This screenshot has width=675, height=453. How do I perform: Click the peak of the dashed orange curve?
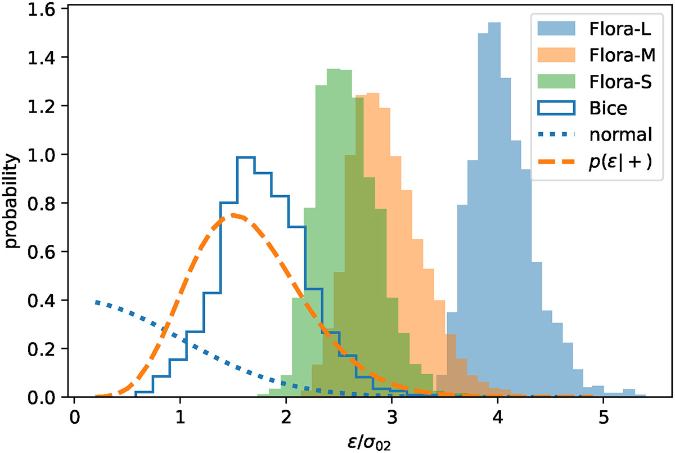233,215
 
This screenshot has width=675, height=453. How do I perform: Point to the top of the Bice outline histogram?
246,158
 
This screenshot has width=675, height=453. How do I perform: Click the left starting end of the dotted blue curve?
97,302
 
